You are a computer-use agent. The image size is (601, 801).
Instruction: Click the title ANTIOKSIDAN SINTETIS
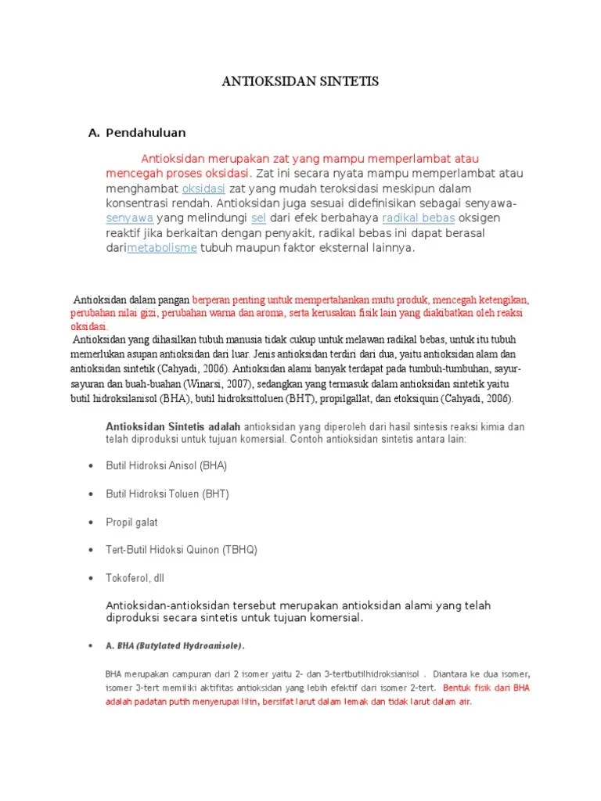300,82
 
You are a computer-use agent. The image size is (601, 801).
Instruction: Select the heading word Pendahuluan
146,133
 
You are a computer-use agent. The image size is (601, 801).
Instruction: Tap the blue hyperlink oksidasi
203,189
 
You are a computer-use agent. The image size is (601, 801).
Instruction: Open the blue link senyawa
129,218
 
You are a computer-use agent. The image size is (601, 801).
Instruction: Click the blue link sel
258,218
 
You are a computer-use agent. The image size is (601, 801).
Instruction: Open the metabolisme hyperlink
162,248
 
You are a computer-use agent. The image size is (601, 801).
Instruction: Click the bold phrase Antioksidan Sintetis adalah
173,427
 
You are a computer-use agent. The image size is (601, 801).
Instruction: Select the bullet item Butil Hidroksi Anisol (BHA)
166,465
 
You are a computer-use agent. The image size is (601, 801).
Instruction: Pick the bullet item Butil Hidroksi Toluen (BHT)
167,494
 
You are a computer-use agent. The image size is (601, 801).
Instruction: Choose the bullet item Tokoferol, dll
135,578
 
